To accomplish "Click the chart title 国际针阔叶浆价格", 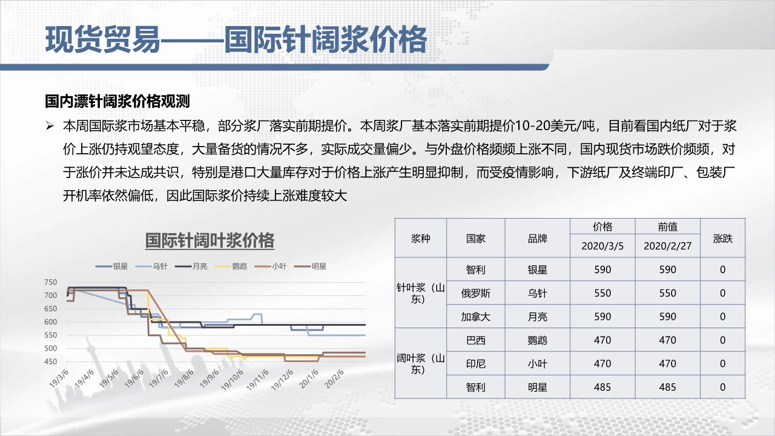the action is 209,240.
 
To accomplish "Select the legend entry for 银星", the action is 112,266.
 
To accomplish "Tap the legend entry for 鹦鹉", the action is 231,266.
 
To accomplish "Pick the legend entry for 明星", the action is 311,266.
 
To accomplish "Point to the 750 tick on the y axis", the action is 50,282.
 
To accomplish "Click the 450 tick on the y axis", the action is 50,362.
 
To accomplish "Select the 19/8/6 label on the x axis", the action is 183,378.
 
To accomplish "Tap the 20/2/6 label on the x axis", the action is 334,378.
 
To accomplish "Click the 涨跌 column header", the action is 723,239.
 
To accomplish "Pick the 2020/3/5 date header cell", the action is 602,246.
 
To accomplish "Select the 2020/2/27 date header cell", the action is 667,246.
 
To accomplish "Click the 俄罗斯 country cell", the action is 475,294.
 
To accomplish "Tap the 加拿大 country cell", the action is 475,317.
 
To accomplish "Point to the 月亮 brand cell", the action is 537,317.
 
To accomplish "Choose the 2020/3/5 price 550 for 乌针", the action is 602,294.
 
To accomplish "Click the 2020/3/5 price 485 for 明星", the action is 602,387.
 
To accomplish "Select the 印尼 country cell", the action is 475,364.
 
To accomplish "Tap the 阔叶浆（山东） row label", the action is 420,364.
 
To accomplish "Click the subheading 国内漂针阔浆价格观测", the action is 117,101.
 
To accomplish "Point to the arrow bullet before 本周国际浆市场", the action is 50,126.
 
